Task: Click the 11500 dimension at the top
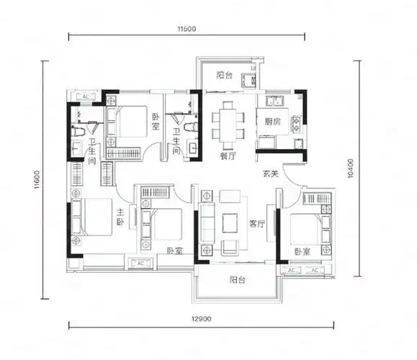(187, 29)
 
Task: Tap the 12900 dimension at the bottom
(202, 318)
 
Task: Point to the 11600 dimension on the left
(37, 180)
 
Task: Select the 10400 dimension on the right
(351, 168)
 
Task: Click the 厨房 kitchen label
(272, 122)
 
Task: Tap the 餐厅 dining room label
(228, 156)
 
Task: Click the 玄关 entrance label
(271, 174)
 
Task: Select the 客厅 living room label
(257, 224)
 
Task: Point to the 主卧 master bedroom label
(120, 217)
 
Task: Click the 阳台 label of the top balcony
(224, 76)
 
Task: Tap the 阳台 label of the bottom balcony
(237, 279)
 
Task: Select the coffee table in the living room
(230, 222)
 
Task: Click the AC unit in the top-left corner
(86, 96)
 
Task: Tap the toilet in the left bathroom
(78, 131)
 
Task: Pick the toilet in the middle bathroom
(191, 127)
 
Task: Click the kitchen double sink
(274, 101)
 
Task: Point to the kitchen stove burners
(297, 125)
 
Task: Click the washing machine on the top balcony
(248, 81)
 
